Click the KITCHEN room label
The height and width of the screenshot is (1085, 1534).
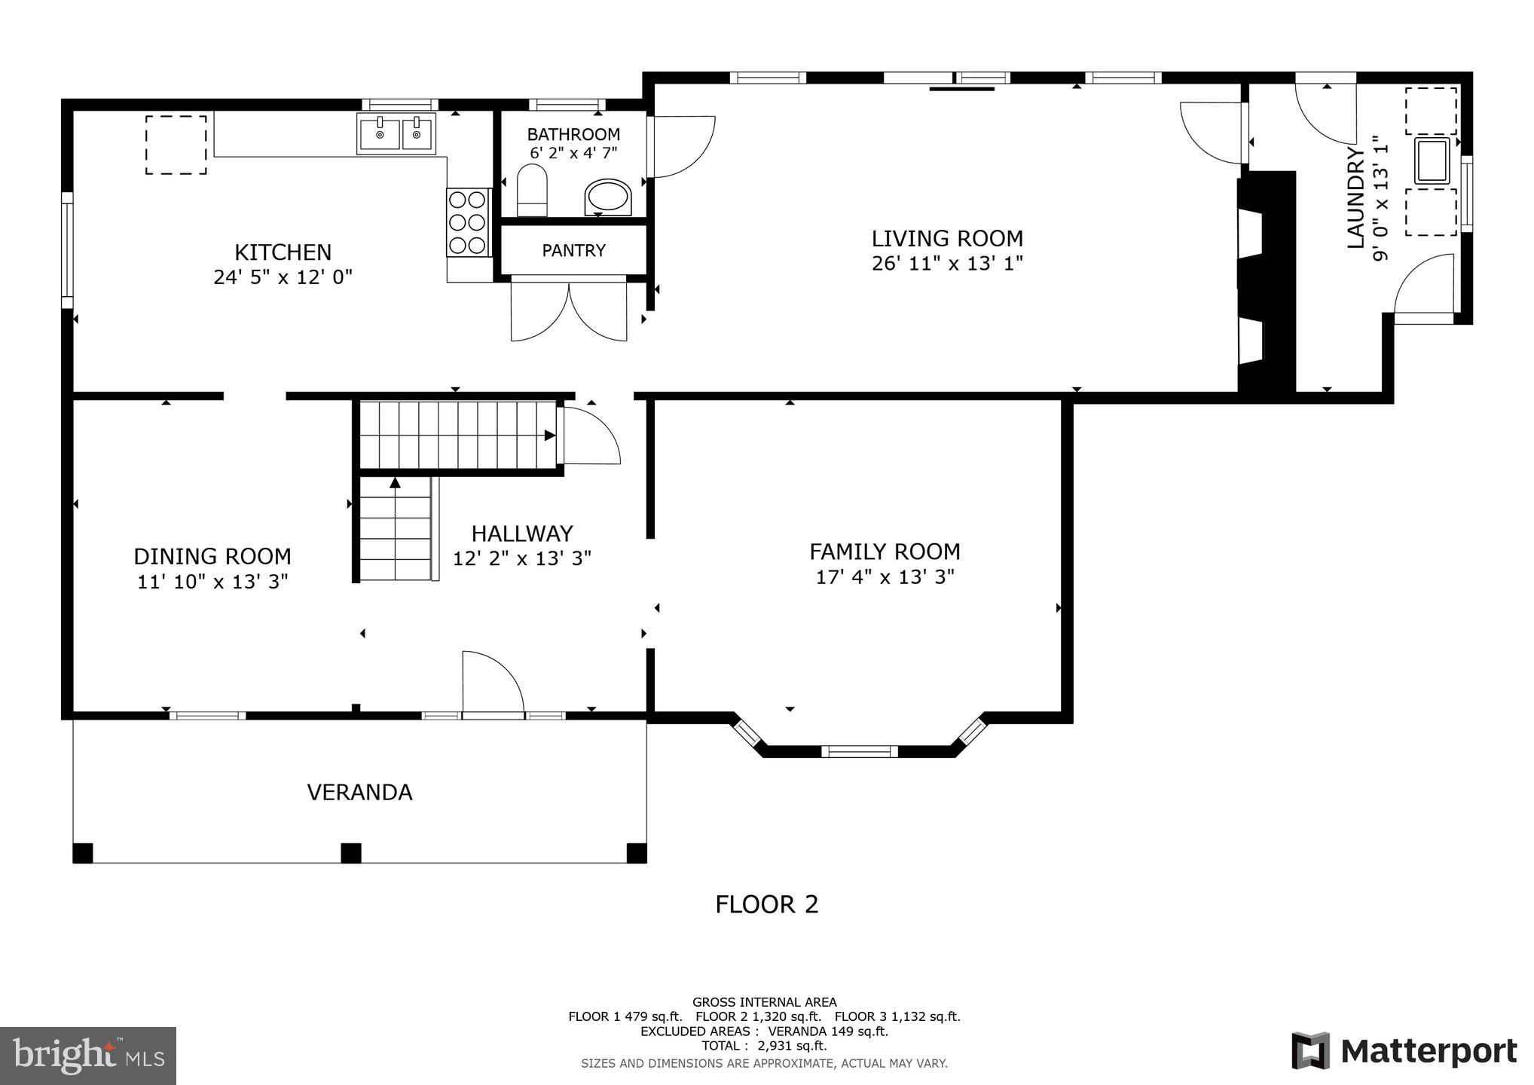[283, 252]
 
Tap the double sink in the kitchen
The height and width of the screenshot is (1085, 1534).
[397, 134]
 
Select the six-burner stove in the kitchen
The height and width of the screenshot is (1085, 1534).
[467, 222]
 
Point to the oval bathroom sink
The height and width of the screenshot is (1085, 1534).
[607, 197]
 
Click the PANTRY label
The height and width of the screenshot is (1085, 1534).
[573, 250]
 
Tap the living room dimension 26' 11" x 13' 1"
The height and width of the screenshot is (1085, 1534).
[947, 264]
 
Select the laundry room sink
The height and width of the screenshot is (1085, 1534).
[1432, 160]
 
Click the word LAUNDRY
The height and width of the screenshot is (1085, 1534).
[1356, 197]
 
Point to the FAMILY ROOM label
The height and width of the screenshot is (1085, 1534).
[885, 552]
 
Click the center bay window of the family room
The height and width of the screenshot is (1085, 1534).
[859, 750]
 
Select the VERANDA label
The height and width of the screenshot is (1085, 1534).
[359, 793]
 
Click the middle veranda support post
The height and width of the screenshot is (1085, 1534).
[350, 853]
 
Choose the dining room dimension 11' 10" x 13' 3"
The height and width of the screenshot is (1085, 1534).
[212, 582]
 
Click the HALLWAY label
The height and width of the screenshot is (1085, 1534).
[522, 533]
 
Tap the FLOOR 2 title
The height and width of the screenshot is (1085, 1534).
[766, 904]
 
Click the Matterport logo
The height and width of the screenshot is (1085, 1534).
[1404, 1051]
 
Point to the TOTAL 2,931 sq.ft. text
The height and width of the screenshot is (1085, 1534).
[764, 1046]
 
